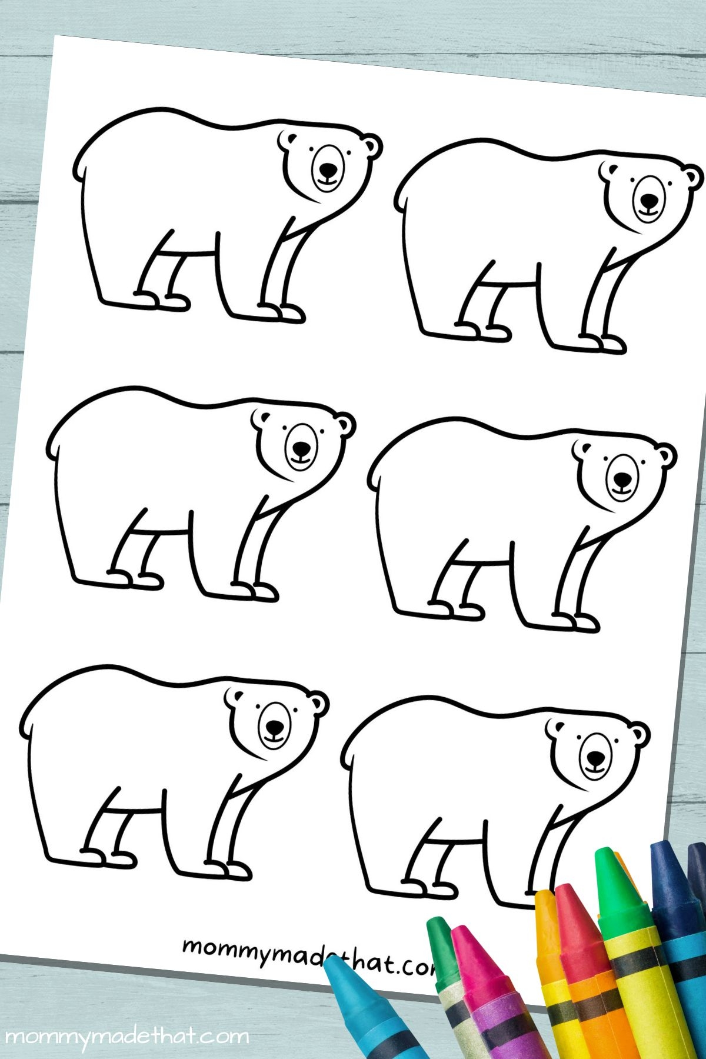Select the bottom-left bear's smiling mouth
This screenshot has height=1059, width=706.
(x=274, y=736)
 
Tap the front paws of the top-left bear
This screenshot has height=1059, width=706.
(x=282, y=312)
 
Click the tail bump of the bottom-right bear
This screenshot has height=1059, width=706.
(x=347, y=757)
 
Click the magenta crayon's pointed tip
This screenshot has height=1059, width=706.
(x=460, y=934)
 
